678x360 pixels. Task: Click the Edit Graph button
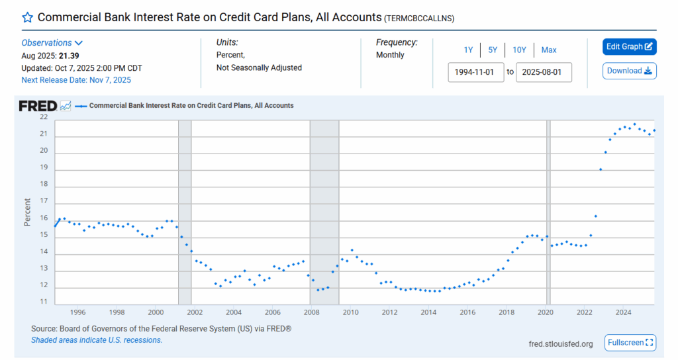pyautogui.click(x=629, y=47)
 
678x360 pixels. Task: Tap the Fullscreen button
pyautogui.click(x=630, y=343)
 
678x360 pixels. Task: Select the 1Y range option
pyautogui.click(x=468, y=50)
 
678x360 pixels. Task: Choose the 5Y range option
pyautogui.click(x=493, y=50)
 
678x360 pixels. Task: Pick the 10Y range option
pyautogui.click(x=519, y=50)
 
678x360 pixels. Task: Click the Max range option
pyautogui.click(x=548, y=50)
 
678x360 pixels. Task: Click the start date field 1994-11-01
pyautogui.click(x=476, y=72)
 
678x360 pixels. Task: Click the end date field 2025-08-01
pyautogui.click(x=544, y=72)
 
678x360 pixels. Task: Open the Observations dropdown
pyautogui.click(x=52, y=43)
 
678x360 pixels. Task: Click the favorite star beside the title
pyautogui.click(x=28, y=18)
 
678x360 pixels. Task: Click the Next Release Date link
pyautogui.click(x=76, y=80)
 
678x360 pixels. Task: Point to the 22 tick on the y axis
pyautogui.click(x=44, y=117)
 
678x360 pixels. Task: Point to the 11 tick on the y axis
pyautogui.click(x=44, y=302)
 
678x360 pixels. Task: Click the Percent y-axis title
pyautogui.click(x=28, y=212)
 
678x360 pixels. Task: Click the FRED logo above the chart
pyautogui.click(x=38, y=106)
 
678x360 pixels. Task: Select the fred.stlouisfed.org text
pyautogui.click(x=561, y=344)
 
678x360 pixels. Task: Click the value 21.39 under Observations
pyautogui.click(x=70, y=56)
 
